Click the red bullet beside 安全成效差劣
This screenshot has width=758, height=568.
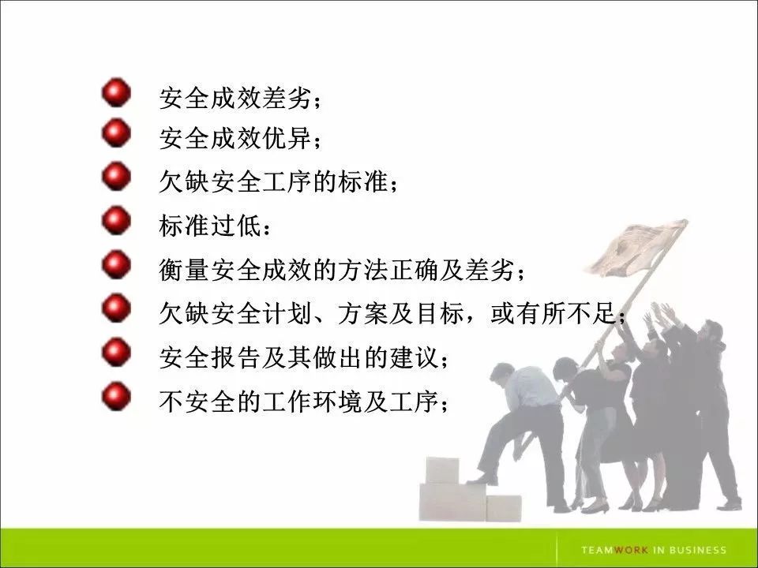[116, 92]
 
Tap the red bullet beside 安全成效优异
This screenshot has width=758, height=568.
[116, 134]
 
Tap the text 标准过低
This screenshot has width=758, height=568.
[214, 229]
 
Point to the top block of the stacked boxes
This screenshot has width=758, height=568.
[442, 470]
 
